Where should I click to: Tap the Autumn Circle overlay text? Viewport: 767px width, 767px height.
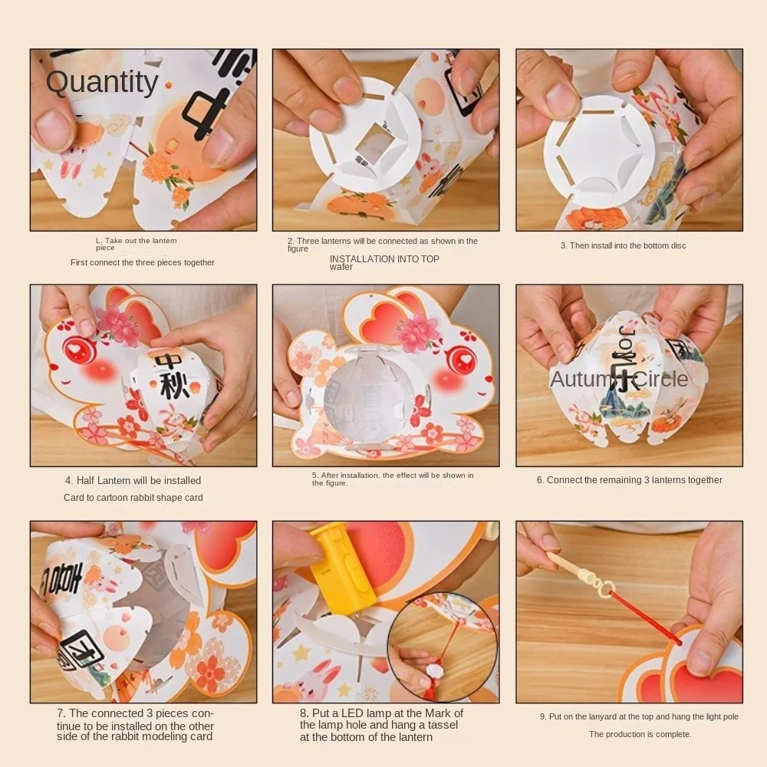click(x=619, y=379)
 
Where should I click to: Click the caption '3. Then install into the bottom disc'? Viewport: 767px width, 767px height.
click(x=623, y=245)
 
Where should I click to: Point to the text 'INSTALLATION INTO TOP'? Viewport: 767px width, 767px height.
click(x=384, y=259)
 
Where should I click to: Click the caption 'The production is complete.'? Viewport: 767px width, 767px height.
click(x=640, y=734)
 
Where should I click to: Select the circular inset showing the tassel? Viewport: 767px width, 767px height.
click(x=442, y=646)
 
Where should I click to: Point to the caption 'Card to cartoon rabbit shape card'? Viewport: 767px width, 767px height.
click(x=133, y=498)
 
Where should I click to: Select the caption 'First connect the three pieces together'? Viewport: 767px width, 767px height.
click(x=143, y=262)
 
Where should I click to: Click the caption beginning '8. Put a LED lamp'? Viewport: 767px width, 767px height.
click(x=381, y=725)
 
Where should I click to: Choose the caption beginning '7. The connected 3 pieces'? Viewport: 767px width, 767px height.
click(x=135, y=725)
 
